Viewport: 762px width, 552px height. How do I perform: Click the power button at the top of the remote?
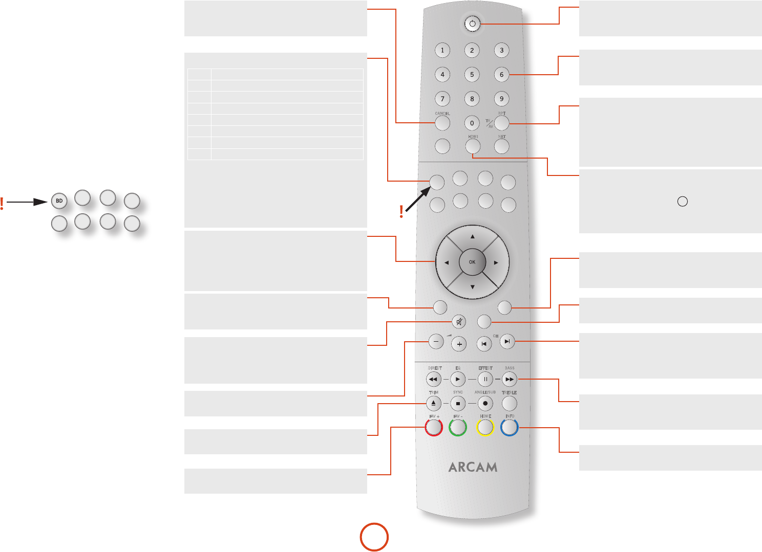472,24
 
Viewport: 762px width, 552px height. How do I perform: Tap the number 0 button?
472,123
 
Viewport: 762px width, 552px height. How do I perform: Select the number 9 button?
501,99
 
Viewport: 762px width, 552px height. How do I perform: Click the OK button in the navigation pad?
472,262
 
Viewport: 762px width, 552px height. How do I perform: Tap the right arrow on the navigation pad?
496,262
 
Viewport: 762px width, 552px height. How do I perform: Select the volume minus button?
436,341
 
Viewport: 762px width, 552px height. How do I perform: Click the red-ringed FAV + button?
434,427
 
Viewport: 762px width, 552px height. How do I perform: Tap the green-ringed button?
458,427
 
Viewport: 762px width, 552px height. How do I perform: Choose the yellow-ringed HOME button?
485,427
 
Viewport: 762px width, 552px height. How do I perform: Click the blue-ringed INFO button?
510,427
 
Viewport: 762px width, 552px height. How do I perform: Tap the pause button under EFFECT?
485,380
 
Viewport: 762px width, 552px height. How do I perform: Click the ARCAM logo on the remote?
473,467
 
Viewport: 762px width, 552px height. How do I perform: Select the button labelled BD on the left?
59,201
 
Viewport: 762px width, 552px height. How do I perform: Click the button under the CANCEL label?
442,123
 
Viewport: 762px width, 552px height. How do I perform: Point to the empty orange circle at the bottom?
374,537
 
